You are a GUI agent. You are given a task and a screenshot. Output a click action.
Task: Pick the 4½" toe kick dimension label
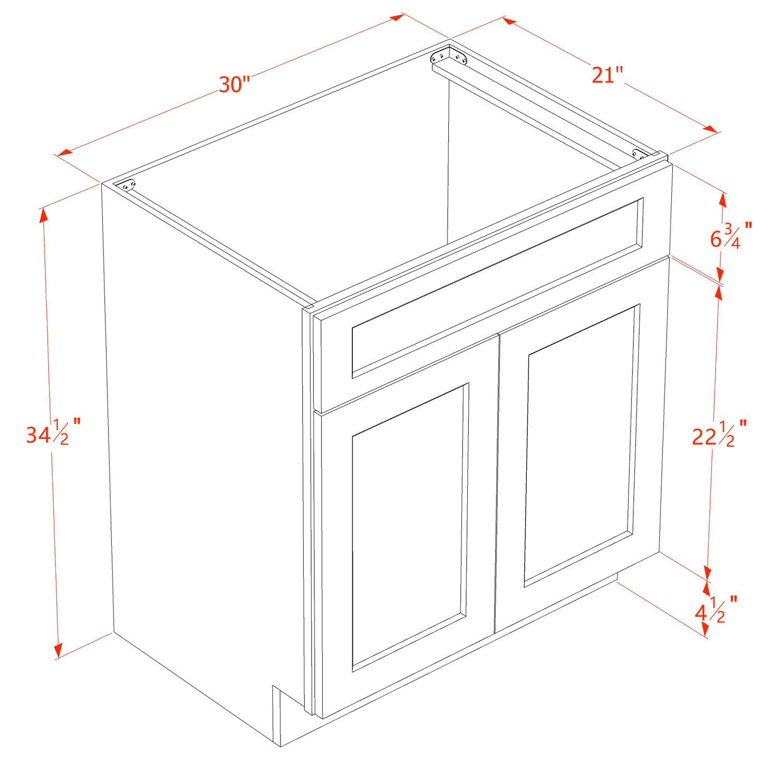[714, 611]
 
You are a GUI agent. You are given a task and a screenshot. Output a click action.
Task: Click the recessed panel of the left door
[409, 527]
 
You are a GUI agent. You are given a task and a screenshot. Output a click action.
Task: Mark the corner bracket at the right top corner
[639, 154]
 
